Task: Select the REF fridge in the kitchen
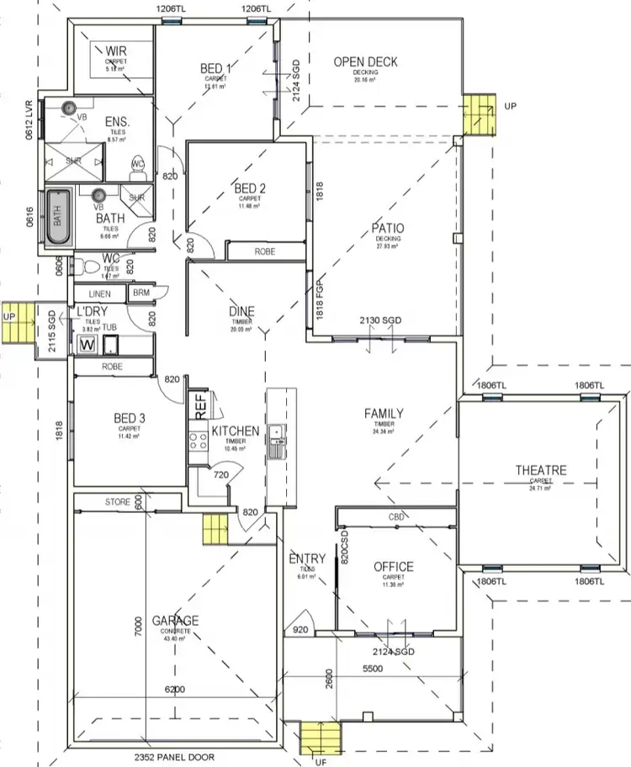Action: (x=200, y=406)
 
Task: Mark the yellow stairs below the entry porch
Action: (x=318, y=738)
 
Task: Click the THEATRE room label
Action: (x=541, y=471)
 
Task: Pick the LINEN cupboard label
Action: (x=99, y=293)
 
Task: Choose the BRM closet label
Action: (x=140, y=293)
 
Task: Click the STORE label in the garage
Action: (x=118, y=502)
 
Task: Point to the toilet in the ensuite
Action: (x=139, y=166)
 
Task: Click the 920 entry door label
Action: (x=300, y=628)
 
